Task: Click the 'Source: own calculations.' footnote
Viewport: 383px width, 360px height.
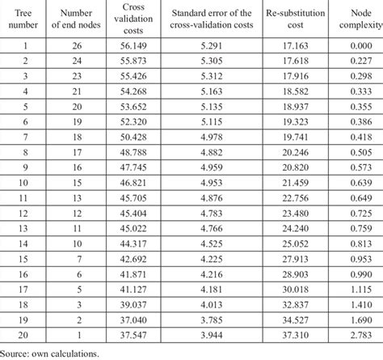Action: [51, 354]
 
